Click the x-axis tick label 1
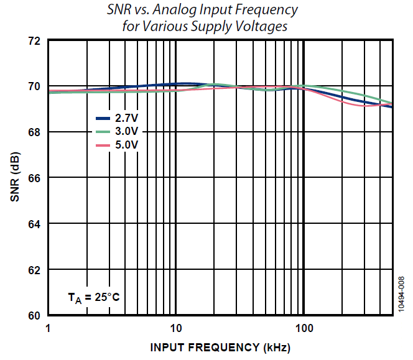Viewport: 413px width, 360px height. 48,328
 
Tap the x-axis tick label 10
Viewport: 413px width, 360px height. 175,328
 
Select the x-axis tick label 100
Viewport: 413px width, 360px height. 304,328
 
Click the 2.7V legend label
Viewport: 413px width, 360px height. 126,118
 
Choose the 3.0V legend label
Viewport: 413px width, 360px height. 126,131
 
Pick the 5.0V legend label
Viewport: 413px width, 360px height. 126,145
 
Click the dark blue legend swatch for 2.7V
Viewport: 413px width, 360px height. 103,118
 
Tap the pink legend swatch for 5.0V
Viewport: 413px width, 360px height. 103,145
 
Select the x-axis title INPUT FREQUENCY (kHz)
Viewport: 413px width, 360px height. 220,346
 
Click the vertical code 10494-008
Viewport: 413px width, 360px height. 402,296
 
